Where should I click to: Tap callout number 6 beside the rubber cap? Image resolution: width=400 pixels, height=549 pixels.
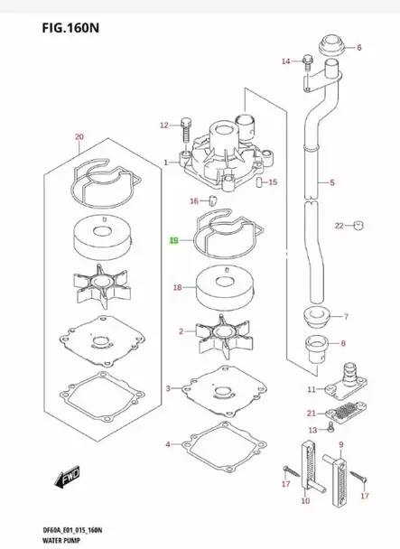click(x=358, y=47)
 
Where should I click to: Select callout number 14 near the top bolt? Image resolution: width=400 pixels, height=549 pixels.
click(x=285, y=61)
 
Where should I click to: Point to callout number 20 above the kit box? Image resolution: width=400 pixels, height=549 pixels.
click(x=79, y=137)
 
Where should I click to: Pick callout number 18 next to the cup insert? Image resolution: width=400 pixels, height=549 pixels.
click(x=177, y=287)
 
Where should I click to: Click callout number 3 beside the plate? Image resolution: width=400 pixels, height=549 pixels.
click(x=168, y=389)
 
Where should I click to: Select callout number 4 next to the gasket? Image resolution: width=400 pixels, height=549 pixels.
click(x=168, y=444)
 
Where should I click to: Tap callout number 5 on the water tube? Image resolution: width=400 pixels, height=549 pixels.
click(x=331, y=183)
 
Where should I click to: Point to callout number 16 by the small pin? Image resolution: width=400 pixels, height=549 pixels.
click(x=193, y=200)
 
